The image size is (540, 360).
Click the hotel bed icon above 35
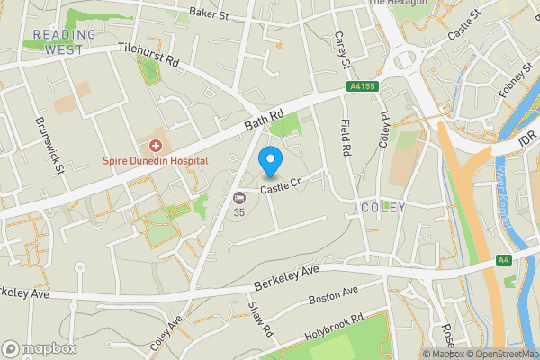pyautogui.click(x=239, y=198)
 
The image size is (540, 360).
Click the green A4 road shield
pyautogui.click(x=505, y=259)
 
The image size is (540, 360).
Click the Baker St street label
pyautogui.click(x=210, y=13)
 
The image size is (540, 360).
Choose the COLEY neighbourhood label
pyautogui.click(x=383, y=208)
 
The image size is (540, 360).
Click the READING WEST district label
pyautogui.click(x=64, y=41)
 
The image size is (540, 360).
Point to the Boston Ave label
pyautogui.click(x=333, y=294)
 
